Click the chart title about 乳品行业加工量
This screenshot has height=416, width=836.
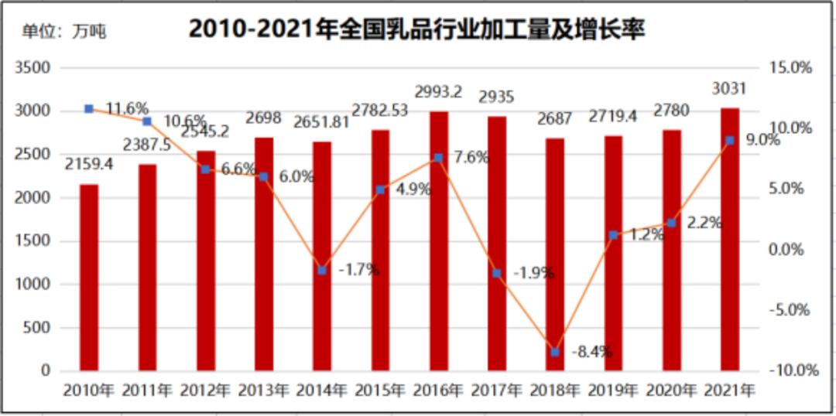coord(416,29)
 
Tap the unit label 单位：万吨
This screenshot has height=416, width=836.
coord(63,32)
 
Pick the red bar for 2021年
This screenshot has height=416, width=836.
coord(730,239)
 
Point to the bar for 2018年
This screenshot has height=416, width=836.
coord(555,254)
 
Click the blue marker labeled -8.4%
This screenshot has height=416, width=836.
coord(555,352)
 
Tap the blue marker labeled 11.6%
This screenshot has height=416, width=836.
coord(89,109)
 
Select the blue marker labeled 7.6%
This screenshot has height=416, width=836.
coord(439,158)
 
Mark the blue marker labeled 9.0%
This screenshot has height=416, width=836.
coord(730,140)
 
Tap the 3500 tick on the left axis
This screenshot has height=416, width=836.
coord(33,68)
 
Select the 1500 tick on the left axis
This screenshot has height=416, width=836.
coord(33,241)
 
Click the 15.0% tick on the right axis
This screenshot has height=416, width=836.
coord(790,68)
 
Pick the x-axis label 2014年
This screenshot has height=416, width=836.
coord(321,390)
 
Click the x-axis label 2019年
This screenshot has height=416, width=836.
coord(613,390)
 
